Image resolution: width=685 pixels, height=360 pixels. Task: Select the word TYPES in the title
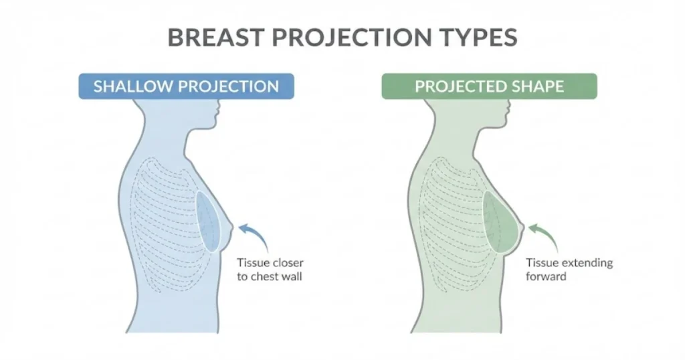coord(471,37)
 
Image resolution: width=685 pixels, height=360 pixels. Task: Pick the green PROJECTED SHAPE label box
coord(489,86)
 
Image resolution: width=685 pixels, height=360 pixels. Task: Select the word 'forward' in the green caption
coord(546,276)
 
